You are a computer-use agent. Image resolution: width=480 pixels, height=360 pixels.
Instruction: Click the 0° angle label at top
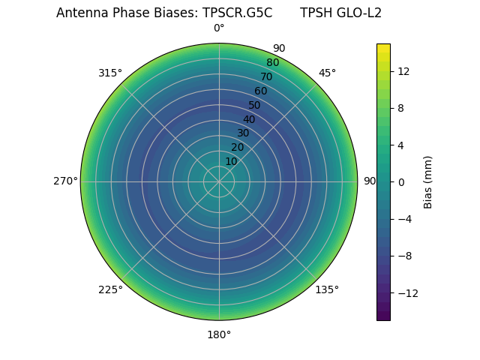tap(219, 28)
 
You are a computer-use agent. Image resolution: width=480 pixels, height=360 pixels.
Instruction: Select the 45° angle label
tap(327, 73)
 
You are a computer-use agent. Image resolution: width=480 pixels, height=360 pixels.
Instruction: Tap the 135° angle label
tap(327, 289)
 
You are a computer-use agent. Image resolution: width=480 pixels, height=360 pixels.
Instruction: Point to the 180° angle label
tap(219, 334)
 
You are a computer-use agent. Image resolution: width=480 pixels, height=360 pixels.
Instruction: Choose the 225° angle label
tap(110, 289)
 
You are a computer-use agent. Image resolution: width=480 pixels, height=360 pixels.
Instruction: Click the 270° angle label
tap(65, 181)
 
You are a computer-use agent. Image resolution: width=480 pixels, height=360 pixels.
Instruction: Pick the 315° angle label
tap(110, 73)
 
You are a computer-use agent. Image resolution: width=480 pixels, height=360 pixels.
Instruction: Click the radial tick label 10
tap(231, 161)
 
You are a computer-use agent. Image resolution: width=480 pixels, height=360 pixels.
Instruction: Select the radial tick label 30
tap(243, 133)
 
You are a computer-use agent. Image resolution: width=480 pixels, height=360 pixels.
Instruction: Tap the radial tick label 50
tap(255, 105)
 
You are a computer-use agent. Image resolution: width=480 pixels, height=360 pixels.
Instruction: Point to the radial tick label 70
tap(266, 76)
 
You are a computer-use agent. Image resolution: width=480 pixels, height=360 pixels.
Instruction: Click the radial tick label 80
tap(272, 62)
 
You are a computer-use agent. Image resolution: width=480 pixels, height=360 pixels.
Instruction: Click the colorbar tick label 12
tap(403, 71)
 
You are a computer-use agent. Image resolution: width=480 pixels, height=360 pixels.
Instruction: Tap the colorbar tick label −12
tap(406, 292)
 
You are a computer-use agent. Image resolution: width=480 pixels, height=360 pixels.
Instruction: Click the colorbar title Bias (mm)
tap(428, 181)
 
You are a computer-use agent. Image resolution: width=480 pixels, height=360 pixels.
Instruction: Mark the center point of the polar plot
tap(219, 181)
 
